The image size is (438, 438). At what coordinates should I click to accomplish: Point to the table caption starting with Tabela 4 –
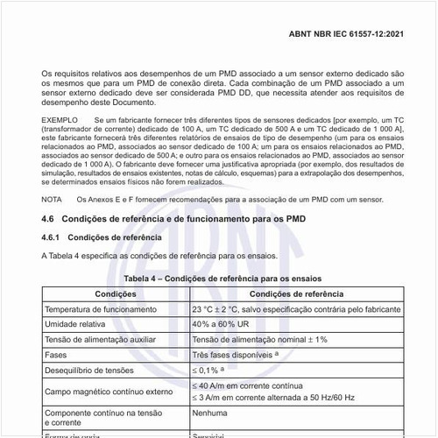tap(222, 278)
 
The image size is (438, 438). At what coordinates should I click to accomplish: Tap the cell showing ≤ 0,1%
tap(210, 371)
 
